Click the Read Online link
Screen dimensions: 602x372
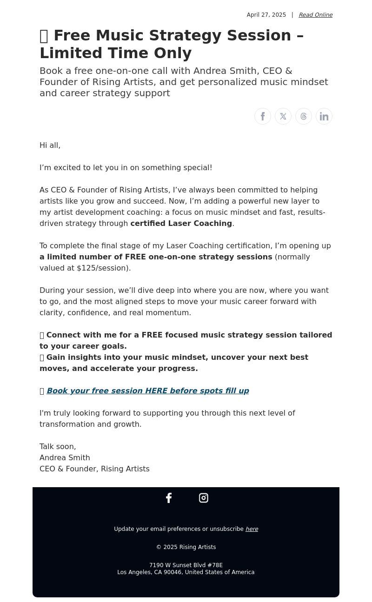point(315,15)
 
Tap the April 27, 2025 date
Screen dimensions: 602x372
point(266,15)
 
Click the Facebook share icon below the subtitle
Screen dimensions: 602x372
point(263,116)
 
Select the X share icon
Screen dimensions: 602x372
point(283,116)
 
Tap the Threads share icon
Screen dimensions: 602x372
point(304,116)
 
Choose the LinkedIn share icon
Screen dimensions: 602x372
point(324,116)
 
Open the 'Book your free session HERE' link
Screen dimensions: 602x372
point(147,391)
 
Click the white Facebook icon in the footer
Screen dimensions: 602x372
point(169,498)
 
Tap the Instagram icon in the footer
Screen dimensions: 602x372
point(204,498)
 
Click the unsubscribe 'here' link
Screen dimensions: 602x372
point(252,529)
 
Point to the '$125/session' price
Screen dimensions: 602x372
point(103,268)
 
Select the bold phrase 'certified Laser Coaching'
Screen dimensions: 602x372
point(181,224)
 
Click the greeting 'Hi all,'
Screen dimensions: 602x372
point(50,146)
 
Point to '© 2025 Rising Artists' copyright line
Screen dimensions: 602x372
point(186,547)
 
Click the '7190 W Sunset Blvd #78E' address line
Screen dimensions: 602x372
point(186,565)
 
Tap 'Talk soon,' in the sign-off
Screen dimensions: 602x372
point(58,447)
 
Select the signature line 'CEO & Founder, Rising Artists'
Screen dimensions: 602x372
point(94,469)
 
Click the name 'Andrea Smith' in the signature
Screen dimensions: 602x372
point(65,458)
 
